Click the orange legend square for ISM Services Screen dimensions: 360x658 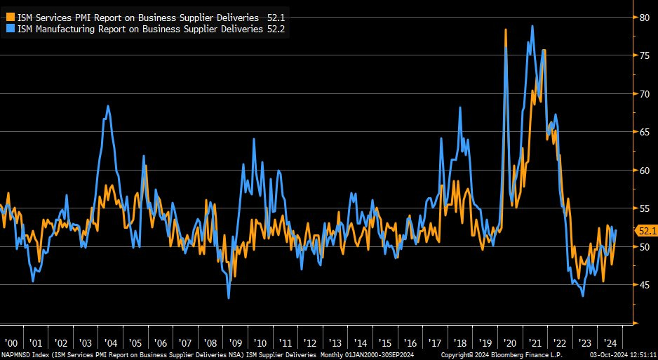pos(10,15)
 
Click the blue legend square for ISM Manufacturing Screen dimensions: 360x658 pos(10,28)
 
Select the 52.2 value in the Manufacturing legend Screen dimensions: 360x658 pos(276,28)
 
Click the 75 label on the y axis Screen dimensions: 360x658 pos(643,55)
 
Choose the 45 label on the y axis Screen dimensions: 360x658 pos(643,285)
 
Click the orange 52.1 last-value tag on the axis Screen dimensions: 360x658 pos(645,230)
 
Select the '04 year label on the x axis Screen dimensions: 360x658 pos(111,344)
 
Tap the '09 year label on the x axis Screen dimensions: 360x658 pos(236,344)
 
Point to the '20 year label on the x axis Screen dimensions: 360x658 pos(510,344)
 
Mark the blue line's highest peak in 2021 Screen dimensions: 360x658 pos(532,26)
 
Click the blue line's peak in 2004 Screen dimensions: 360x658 pos(108,106)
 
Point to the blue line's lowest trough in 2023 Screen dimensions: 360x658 pos(584,295)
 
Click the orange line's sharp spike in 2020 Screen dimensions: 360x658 pos(506,29)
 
